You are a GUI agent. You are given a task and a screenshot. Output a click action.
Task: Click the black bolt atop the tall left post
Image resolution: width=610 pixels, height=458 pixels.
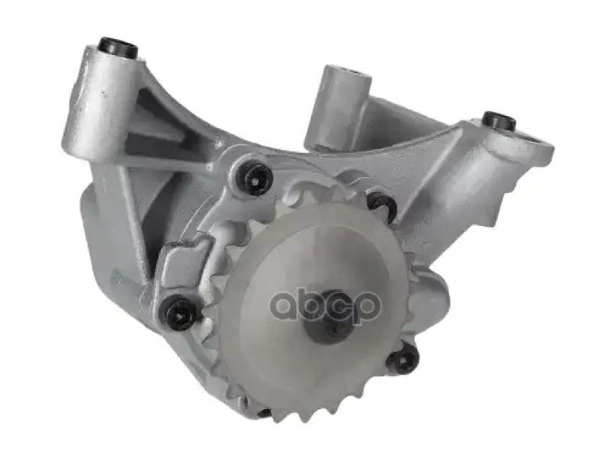119,48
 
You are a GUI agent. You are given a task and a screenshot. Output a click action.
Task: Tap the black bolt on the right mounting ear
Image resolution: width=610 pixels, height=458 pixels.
499,121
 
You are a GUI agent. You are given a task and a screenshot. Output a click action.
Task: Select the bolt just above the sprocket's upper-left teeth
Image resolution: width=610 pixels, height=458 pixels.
254,177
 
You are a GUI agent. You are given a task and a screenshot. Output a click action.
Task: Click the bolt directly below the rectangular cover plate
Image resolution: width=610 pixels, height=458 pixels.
180,311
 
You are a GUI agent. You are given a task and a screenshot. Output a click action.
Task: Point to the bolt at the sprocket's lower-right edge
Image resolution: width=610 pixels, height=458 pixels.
403,357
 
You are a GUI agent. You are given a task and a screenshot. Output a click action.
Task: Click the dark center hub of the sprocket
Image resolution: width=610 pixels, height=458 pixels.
328,318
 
